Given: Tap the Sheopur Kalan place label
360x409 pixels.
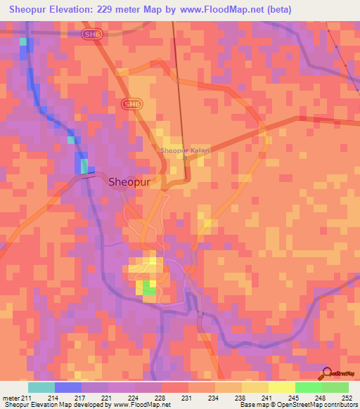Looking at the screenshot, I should (x=186, y=150).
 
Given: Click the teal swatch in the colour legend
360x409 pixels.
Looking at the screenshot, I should (x=41, y=387).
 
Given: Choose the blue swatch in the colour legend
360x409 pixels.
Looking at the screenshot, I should (x=68, y=387).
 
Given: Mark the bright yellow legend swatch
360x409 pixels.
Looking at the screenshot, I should (x=282, y=387).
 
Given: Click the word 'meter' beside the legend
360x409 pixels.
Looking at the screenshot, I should (x=12, y=398).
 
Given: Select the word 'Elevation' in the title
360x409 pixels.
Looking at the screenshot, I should (x=72, y=9).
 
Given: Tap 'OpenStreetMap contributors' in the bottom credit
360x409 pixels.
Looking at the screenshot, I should (x=323, y=405).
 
